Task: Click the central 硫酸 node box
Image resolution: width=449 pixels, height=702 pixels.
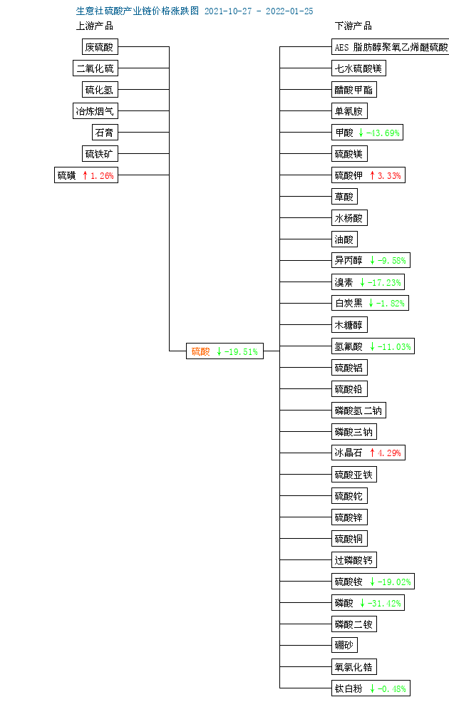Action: click(x=224, y=351)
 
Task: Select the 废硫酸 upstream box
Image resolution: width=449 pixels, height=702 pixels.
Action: click(x=100, y=46)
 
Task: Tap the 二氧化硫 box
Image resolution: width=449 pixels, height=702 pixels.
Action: click(x=96, y=68)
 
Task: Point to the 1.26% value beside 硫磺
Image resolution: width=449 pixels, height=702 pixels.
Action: click(x=102, y=175)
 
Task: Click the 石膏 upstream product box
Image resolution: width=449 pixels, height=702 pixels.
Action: click(x=105, y=133)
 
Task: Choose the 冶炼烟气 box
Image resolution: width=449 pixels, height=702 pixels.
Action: click(x=96, y=111)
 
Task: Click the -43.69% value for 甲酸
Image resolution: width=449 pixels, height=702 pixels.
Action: click(x=383, y=133)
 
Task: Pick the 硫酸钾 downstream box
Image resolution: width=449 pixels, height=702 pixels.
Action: click(x=368, y=175)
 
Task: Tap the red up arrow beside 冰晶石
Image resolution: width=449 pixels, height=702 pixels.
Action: click(x=372, y=453)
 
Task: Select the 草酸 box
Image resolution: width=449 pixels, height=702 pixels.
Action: click(x=344, y=196)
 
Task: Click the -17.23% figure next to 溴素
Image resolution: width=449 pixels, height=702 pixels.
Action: click(x=384, y=282)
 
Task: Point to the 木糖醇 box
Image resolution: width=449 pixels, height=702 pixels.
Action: click(x=349, y=324)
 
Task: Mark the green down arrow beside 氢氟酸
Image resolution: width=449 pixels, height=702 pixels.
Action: click(x=372, y=346)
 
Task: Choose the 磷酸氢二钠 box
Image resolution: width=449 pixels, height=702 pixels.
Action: click(x=358, y=410)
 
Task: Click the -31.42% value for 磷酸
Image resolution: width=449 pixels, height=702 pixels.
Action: click(x=384, y=603)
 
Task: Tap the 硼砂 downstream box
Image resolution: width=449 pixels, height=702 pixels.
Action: click(x=344, y=645)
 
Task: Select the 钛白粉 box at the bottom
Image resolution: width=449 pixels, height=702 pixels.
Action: click(x=371, y=688)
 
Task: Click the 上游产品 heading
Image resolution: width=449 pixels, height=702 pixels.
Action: click(x=95, y=26)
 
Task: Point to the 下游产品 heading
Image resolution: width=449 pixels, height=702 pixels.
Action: click(x=353, y=26)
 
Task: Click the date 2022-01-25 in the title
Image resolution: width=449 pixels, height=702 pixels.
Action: click(x=289, y=11)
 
